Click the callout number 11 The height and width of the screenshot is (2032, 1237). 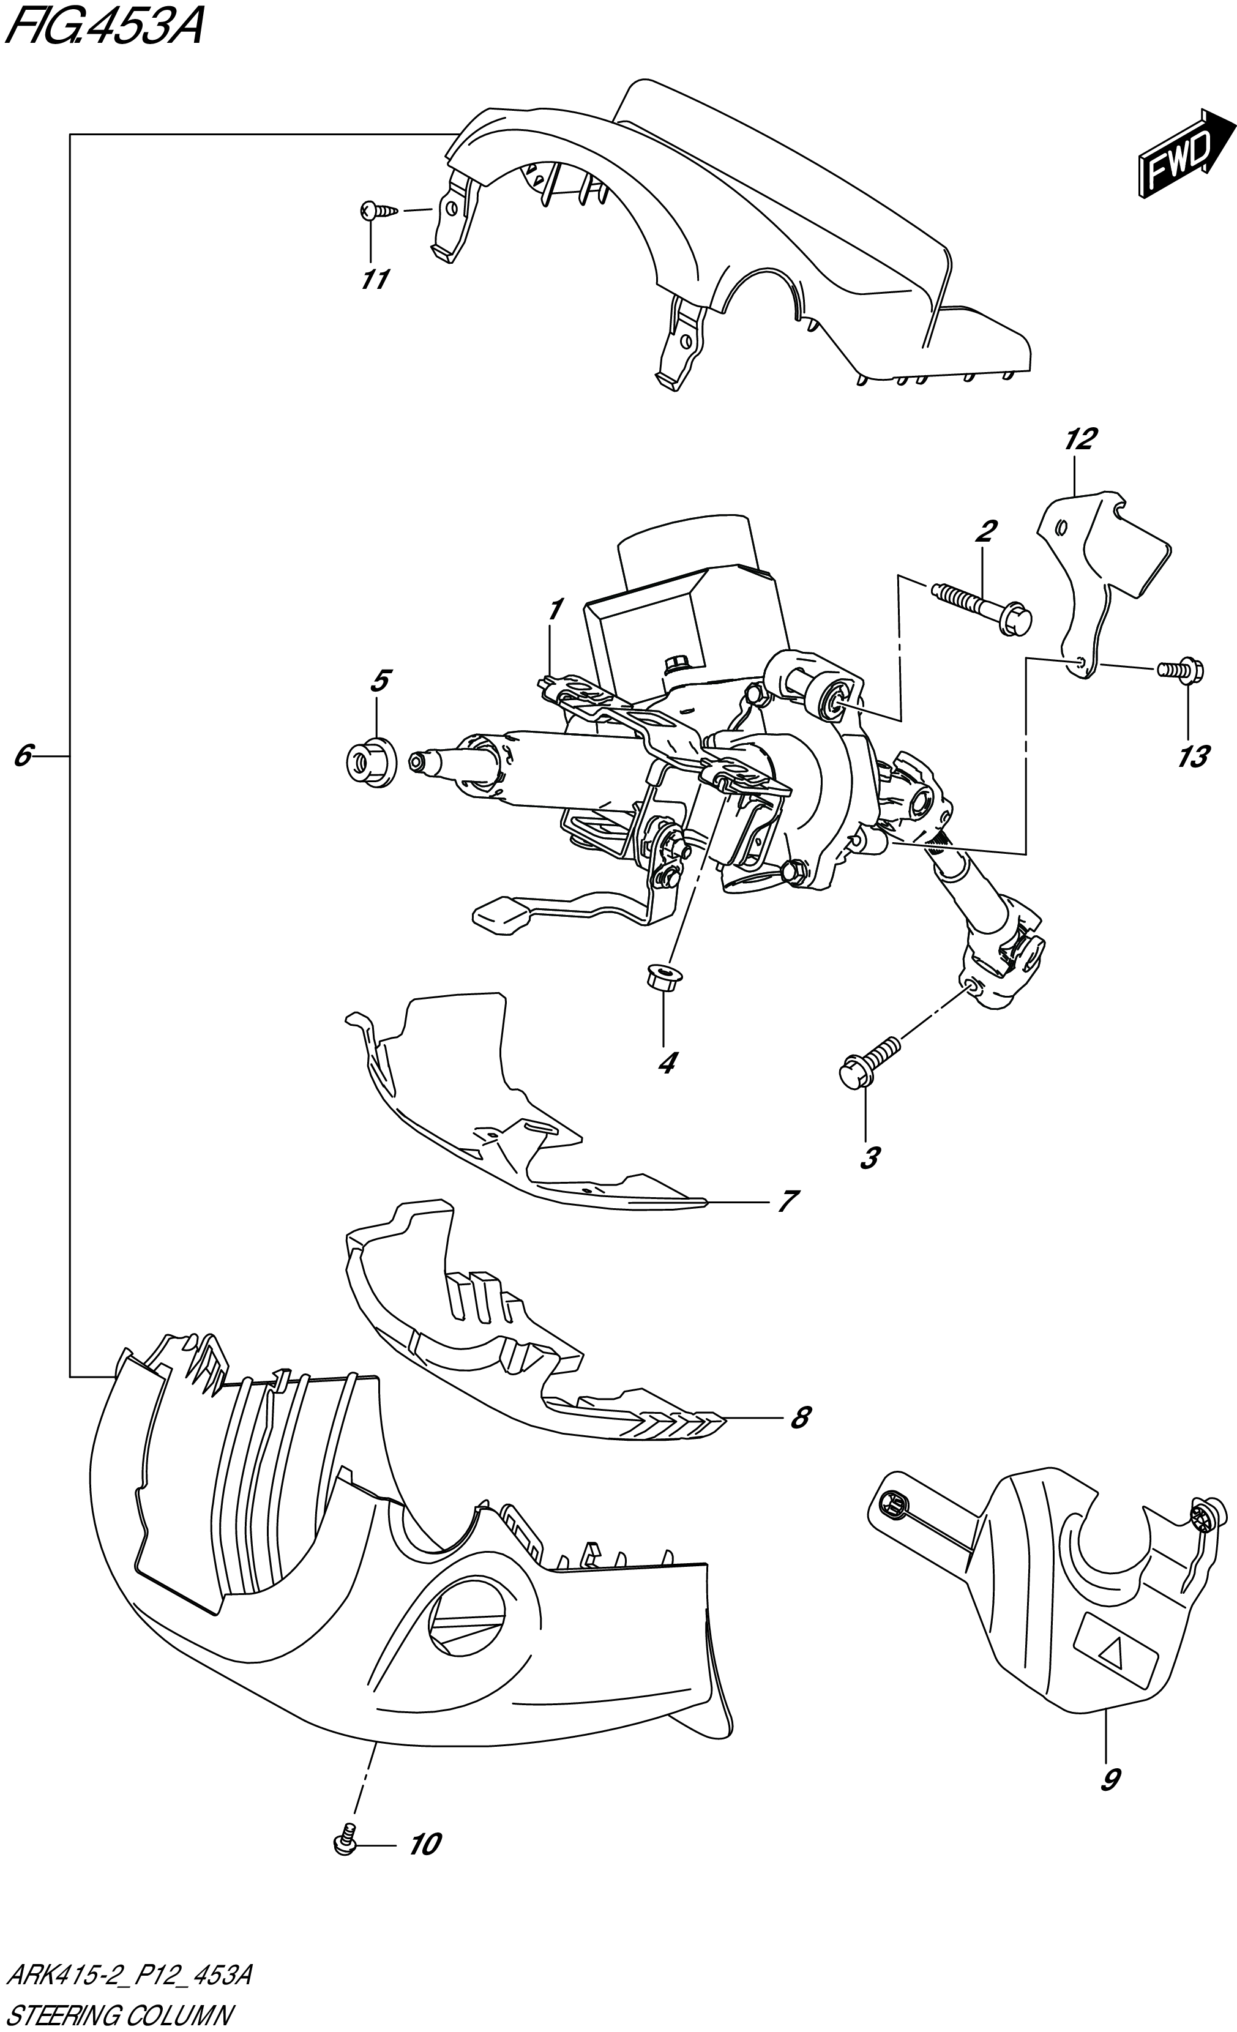tap(375, 280)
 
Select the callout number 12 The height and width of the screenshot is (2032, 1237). tap(1080, 439)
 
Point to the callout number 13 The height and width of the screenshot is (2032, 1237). tap(1192, 756)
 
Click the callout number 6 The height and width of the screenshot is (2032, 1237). tap(23, 755)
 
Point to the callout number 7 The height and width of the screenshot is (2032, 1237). tap(788, 1201)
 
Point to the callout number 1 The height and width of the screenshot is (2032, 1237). tap(555, 610)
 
